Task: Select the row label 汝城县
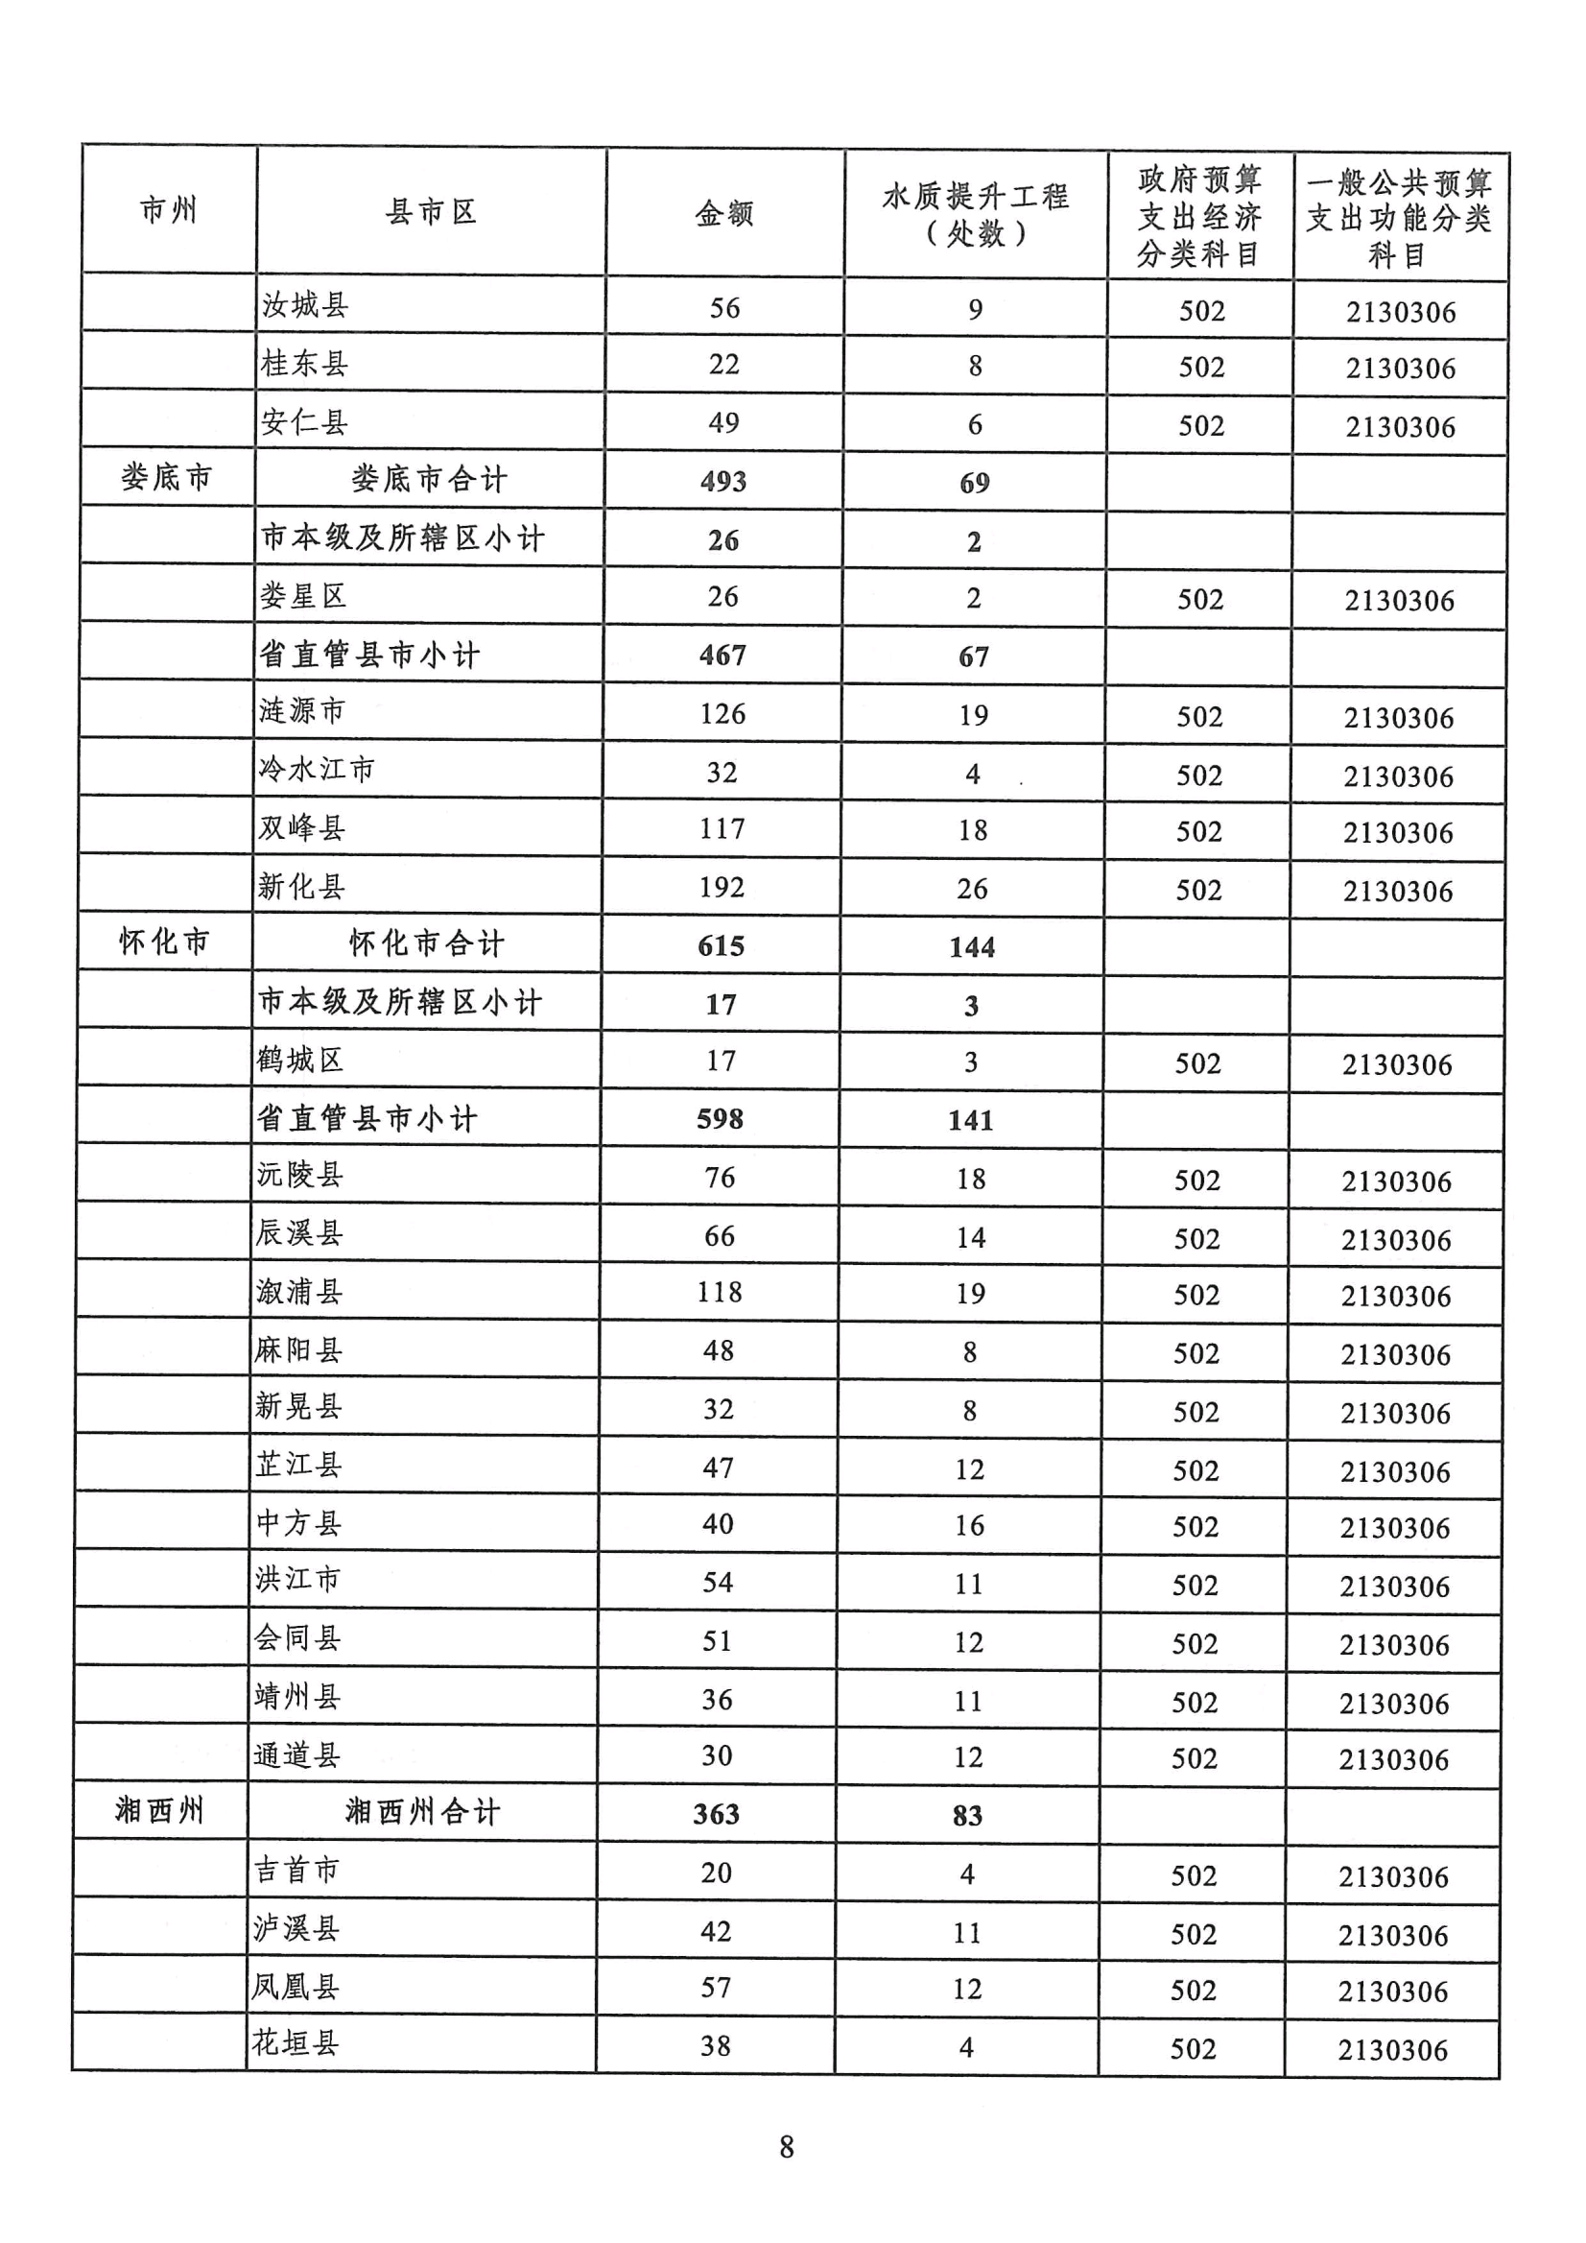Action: point(305,306)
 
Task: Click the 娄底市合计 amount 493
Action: point(722,481)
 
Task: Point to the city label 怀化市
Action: point(164,942)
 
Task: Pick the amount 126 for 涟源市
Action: point(722,714)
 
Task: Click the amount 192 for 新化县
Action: point(722,887)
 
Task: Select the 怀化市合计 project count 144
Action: point(972,946)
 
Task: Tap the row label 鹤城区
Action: point(299,1060)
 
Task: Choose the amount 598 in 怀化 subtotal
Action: point(720,1118)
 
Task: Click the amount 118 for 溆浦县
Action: point(719,1293)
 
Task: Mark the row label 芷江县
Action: point(298,1465)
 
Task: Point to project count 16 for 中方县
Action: point(969,1525)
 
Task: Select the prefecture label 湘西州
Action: point(159,1810)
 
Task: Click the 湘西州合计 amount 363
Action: point(716,1814)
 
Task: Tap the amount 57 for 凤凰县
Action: point(715,1987)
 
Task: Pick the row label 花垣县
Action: point(295,2042)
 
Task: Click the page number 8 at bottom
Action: point(786,2147)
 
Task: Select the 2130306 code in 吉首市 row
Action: point(1392,1876)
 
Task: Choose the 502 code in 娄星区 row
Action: point(1199,599)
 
